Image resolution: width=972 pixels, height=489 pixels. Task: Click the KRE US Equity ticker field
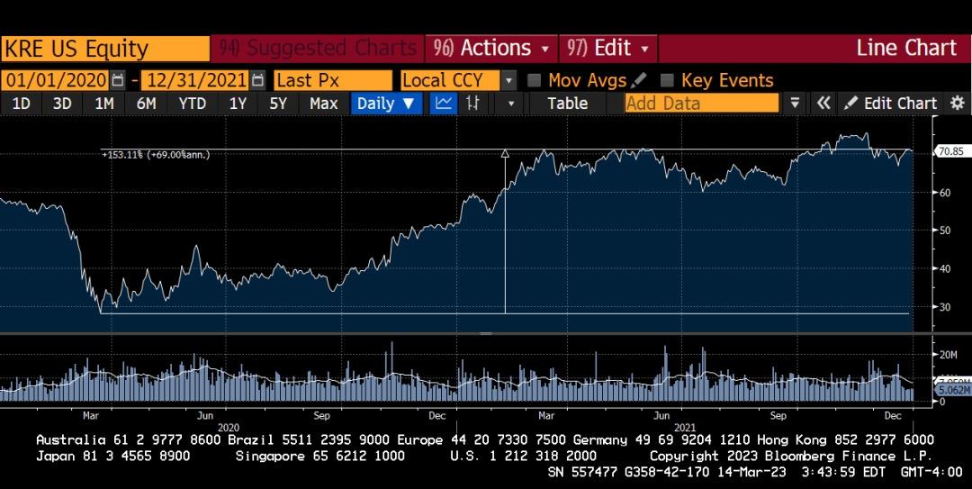tap(104, 48)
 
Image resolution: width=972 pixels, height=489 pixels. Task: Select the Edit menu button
tap(608, 48)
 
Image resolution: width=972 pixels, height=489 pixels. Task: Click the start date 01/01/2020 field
tap(56, 80)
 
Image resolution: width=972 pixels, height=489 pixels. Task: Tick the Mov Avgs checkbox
tap(534, 80)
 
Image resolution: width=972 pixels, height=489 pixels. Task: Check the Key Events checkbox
tap(667, 80)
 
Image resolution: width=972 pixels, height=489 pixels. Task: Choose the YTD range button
tap(192, 104)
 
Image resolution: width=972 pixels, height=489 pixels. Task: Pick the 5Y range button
tap(278, 104)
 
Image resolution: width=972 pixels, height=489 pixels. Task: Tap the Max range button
tap(323, 104)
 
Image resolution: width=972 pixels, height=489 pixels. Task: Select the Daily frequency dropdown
tap(385, 104)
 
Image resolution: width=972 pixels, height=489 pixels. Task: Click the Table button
tap(567, 104)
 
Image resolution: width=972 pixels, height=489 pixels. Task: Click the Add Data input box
tap(701, 104)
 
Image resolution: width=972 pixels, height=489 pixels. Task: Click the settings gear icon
tap(957, 104)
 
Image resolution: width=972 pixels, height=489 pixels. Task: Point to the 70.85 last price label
tap(950, 151)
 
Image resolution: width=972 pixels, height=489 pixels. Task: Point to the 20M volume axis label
tap(948, 355)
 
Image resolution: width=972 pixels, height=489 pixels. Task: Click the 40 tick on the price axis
tap(944, 268)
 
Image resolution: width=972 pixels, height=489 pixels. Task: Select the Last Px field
tap(333, 80)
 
